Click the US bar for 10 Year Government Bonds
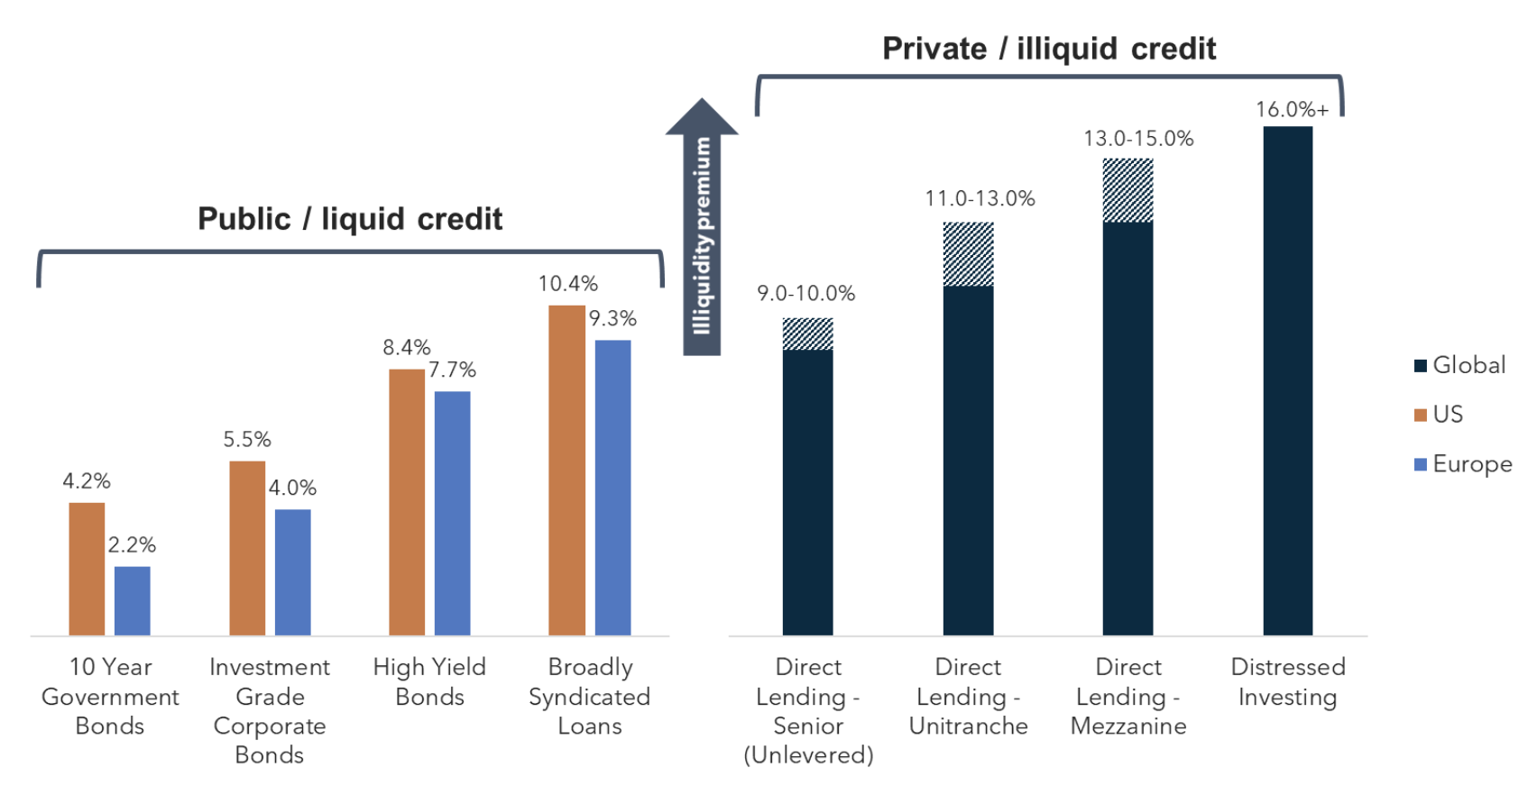point(87,569)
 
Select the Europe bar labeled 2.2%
point(133,600)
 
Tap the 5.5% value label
point(247,439)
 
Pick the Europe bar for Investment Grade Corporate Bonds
point(292,572)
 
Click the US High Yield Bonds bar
point(407,502)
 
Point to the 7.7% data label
point(452,370)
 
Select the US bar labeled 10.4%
point(566,470)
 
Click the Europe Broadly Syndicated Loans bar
point(612,488)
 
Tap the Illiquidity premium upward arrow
point(702,230)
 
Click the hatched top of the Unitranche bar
point(968,254)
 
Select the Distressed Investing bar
point(1287,380)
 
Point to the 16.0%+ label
point(1292,110)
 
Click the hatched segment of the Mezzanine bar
point(1127,190)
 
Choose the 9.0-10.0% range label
point(805,293)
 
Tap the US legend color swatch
point(1421,415)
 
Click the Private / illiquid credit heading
point(1048,49)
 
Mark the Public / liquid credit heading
point(350,219)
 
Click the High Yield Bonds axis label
point(429,681)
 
